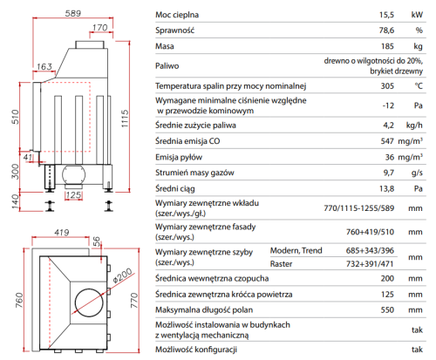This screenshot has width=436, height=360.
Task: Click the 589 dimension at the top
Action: coord(73,13)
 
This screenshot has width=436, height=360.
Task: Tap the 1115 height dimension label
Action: coord(125,119)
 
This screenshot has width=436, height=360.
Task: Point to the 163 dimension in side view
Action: coord(44,66)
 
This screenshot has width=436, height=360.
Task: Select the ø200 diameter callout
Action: coord(122,275)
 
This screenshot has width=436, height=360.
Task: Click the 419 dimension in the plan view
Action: coord(62,232)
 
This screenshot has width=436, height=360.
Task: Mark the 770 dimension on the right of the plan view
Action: coord(134,301)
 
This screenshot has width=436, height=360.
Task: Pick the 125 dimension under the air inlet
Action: coord(73,194)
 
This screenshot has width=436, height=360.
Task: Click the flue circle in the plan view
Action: coord(89,302)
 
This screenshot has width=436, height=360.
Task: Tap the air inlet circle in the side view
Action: coord(74,175)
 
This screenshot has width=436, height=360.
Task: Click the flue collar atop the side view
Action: coord(90,44)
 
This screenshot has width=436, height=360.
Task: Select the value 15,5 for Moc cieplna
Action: coord(386,15)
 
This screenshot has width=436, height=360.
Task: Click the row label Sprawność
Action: coord(174,31)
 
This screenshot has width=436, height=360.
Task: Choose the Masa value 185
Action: coord(387,46)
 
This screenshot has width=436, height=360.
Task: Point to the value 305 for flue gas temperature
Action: coord(387,86)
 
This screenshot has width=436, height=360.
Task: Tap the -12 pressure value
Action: coord(388,105)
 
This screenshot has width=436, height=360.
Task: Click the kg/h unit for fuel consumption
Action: coord(414,126)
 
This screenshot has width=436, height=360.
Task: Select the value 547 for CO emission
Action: coord(387,141)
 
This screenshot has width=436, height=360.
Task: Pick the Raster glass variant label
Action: coord(281,264)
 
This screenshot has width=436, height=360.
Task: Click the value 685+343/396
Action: coord(370,250)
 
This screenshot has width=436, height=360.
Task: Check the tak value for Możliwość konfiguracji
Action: coord(417,350)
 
